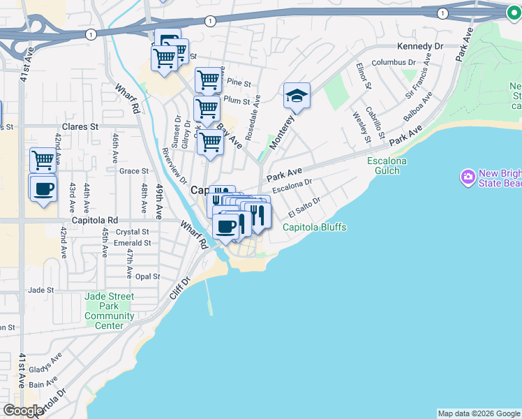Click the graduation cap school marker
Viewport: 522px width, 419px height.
click(x=297, y=96)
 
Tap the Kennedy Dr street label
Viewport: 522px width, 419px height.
click(x=420, y=46)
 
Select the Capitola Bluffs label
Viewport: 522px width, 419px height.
click(x=314, y=227)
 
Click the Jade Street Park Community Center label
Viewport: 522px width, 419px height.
click(x=110, y=311)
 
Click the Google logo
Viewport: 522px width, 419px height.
click(x=23, y=411)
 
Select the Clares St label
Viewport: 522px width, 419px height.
click(x=80, y=127)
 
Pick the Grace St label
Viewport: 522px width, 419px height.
click(x=134, y=170)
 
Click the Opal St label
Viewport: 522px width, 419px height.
click(x=147, y=277)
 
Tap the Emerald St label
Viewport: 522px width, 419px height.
click(x=133, y=243)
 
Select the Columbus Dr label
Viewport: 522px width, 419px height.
click(x=394, y=62)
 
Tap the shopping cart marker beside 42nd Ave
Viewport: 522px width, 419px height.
click(x=43, y=160)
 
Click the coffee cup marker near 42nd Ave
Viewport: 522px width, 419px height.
click(x=43, y=187)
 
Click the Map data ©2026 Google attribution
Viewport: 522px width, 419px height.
click(x=479, y=413)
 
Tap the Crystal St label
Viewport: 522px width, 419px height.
click(x=133, y=232)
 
